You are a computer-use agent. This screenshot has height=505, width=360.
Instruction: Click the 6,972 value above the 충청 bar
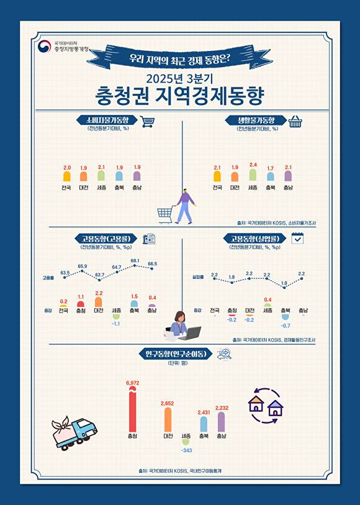pos(132,383)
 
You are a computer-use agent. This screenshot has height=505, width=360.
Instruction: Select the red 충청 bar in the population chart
pos(132,410)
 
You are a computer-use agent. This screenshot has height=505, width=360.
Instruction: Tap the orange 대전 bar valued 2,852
pos(168,420)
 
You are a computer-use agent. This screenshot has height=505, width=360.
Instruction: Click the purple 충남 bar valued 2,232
pos(221,422)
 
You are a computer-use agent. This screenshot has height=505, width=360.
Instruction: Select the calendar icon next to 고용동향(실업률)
pos(297,238)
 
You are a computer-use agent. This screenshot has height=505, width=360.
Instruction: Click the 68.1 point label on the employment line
pos(135,260)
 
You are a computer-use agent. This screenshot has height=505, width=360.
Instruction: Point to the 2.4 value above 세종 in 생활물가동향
pos(253,165)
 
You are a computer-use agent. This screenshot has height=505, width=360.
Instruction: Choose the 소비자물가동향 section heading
pos(104,120)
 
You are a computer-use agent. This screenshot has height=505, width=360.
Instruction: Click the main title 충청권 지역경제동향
pos(180,96)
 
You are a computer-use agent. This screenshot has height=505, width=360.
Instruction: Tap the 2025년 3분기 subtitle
pos(180,78)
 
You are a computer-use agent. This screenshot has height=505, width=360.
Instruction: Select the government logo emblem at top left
pos(44,47)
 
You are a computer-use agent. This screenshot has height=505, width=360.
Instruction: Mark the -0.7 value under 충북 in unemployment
pos(286,325)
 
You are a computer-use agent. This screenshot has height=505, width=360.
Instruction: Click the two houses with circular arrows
pos(265,406)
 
